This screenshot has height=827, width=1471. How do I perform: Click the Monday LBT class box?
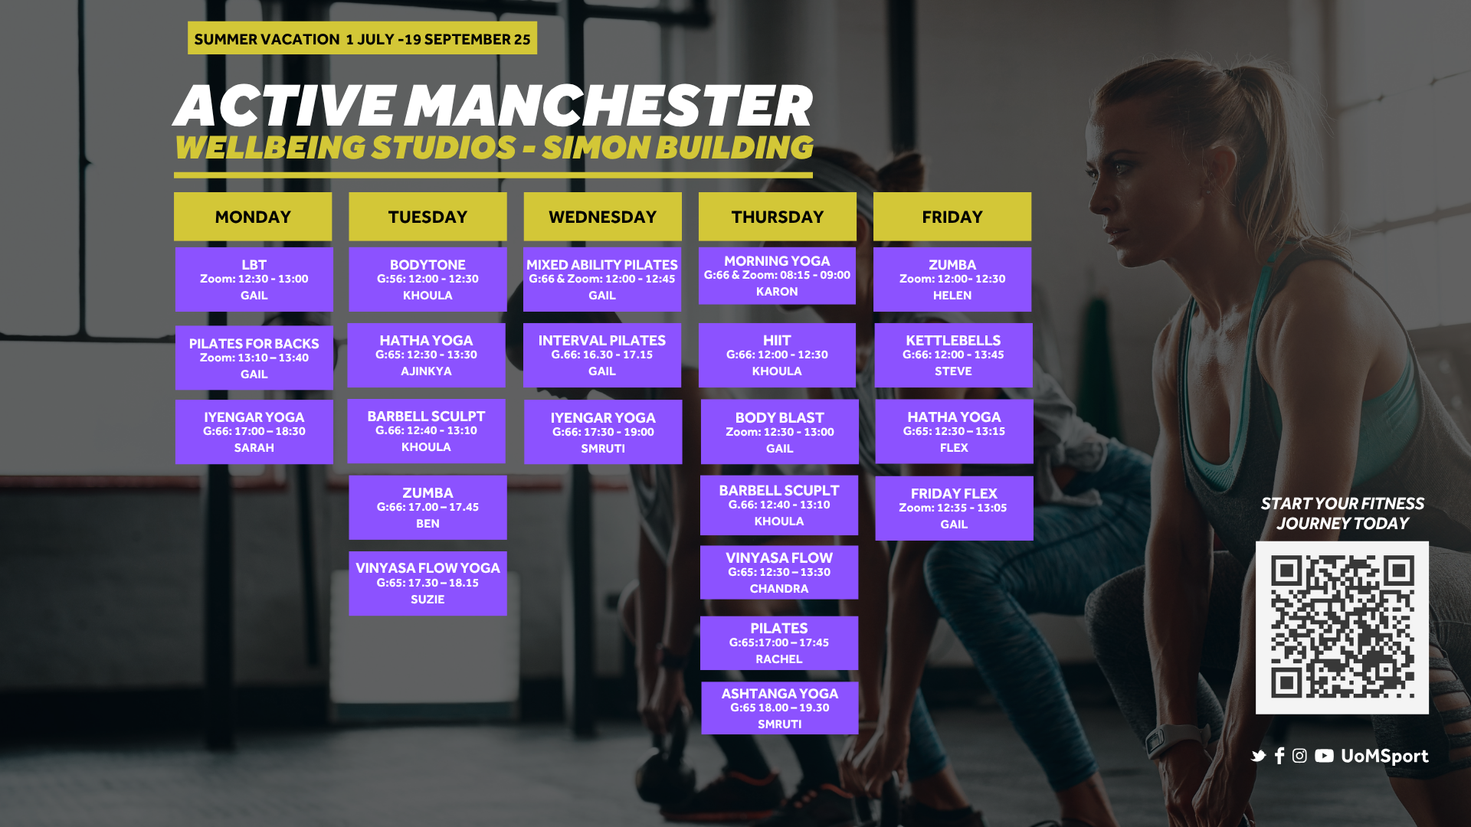(x=254, y=279)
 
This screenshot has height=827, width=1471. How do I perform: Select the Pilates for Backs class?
(x=254, y=358)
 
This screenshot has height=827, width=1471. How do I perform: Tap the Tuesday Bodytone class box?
(x=428, y=279)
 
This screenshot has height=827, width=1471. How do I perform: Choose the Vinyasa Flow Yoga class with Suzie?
(x=428, y=583)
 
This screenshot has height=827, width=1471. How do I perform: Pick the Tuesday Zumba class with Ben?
(x=428, y=508)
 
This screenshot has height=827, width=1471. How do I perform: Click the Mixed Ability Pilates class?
(x=602, y=279)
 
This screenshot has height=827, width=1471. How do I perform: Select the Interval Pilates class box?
(x=602, y=355)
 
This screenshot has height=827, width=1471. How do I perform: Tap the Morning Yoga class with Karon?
(x=777, y=276)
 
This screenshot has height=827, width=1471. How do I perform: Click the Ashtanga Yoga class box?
(x=780, y=708)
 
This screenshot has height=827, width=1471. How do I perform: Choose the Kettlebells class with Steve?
(x=953, y=355)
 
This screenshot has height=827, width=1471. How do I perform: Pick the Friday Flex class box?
(x=954, y=508)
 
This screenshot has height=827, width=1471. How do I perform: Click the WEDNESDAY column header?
(x=602, y=217)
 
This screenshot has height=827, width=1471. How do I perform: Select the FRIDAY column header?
(x=952, y=217)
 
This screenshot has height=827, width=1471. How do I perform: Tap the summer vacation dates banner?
(x=362, y=38)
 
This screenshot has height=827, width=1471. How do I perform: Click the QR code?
(x=1342, y=628)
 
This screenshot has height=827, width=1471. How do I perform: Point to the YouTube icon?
(x=1324, y=756)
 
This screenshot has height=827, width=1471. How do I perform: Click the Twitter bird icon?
(x=1258, y=756)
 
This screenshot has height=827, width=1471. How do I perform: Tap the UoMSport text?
(x=1384, y=757)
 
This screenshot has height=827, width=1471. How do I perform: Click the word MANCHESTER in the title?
(x=608, y=106)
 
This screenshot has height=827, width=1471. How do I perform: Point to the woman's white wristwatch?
(x=1172, y=739)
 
